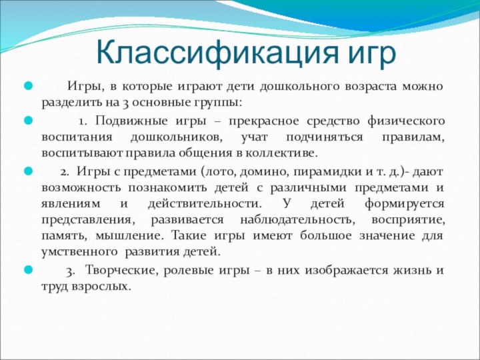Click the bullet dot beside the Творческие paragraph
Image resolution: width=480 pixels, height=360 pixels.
click(x=28, y=270)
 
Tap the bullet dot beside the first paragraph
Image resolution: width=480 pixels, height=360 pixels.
click(x=28, y=87)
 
